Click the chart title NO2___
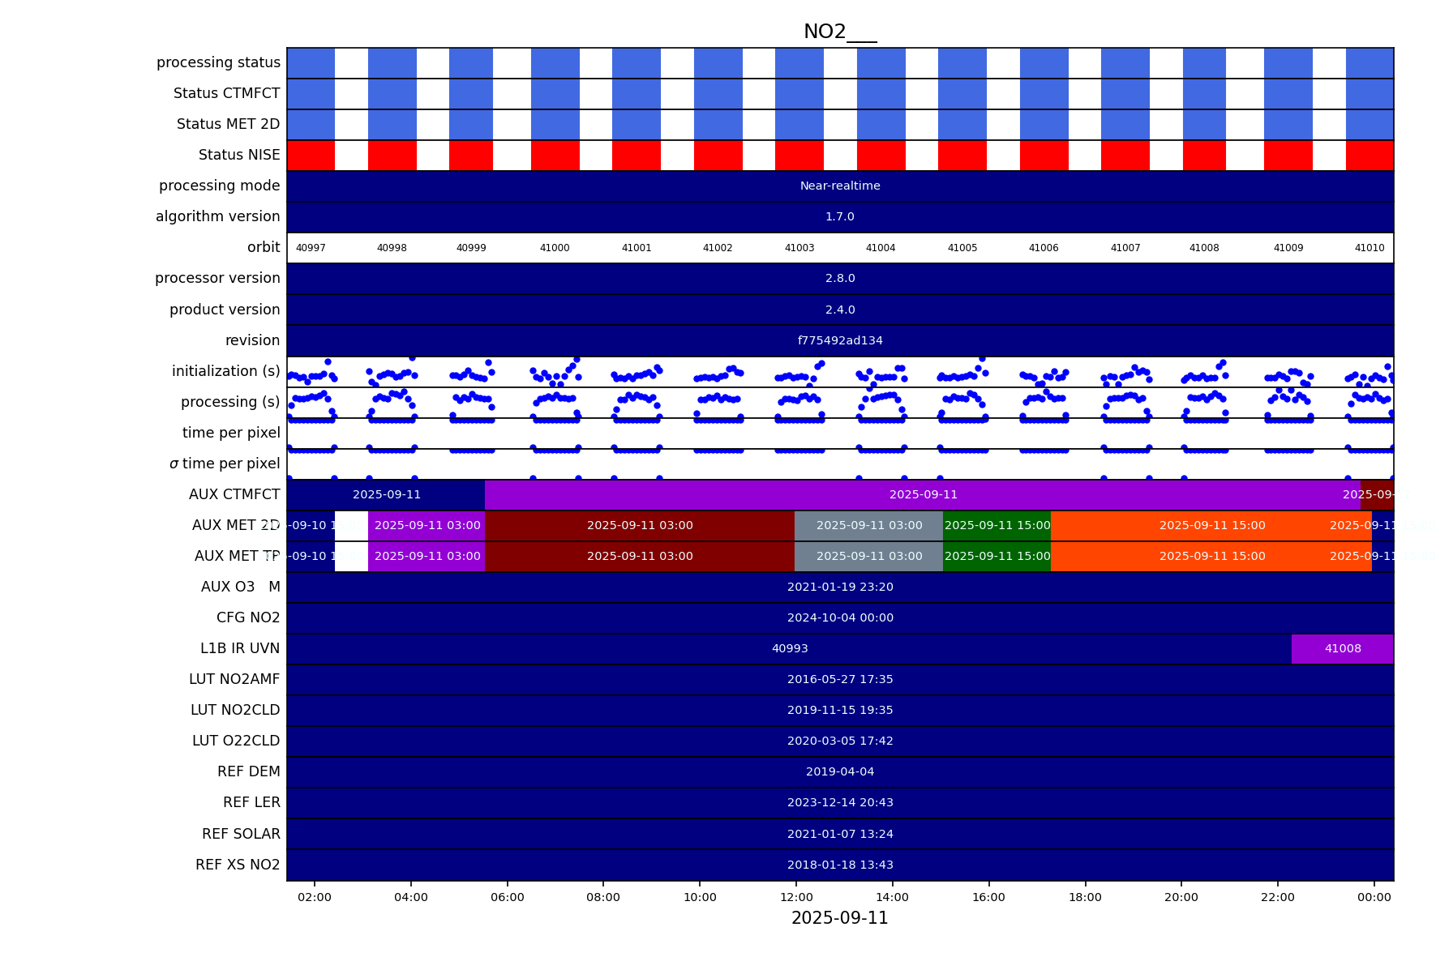[839, 32]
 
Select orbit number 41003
[799, 248]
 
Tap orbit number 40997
[311, 248]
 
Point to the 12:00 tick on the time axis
[796, 897]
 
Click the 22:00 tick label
[1277, 897]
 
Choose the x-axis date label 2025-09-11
[839, 918]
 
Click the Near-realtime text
[839, 186]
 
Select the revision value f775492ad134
[839, 340]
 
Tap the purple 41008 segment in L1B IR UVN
[1342, 648]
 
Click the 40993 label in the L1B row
[789, 648]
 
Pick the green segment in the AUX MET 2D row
[997, 525]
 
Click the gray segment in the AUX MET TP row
[868, 556]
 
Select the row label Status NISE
[239, 155]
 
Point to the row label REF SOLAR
[241, 834]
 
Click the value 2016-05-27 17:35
[839, 679]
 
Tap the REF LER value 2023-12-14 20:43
[839, 802]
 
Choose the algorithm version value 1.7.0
[839, 216]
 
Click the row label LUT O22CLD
[235, 741]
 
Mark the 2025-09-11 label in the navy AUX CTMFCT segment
[386, 494]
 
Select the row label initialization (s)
[225, 371]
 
